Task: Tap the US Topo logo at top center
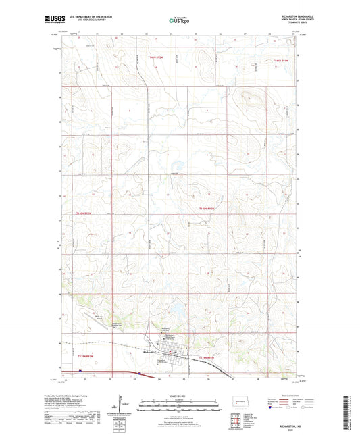(178, 21)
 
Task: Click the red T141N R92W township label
(157, 58)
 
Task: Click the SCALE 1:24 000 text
(179, 396)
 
